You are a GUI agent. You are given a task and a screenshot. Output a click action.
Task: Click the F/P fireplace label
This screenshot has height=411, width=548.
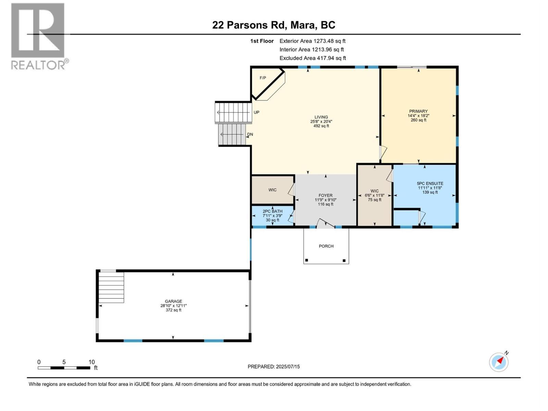[x=263, y=78]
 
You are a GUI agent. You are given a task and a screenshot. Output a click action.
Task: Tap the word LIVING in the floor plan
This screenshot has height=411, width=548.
[x=321, y=117]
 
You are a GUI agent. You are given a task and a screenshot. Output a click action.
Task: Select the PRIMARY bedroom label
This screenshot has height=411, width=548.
[x=418, y=111]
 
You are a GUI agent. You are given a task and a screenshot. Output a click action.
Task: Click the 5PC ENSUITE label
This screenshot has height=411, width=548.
[x=430, y=184]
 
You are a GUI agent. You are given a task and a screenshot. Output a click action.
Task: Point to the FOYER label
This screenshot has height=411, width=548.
[x=325, y=196]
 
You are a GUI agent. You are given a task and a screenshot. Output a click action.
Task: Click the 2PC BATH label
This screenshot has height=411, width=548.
[x=272, y=211]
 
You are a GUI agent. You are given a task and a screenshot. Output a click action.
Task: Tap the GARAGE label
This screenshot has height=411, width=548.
[x=173, y=301]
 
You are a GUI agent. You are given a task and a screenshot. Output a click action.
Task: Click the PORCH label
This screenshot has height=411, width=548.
[x=326, y=246]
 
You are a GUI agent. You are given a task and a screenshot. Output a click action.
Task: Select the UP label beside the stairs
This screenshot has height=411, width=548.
[x=257, y=112]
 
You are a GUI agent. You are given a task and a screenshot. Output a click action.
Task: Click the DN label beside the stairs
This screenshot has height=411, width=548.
[x=250, y=134]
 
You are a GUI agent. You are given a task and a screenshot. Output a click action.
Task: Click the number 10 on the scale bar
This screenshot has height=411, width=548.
[x=91, y=362]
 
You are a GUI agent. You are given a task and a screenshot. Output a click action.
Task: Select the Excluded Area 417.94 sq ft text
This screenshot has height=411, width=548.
[x=312, y=58]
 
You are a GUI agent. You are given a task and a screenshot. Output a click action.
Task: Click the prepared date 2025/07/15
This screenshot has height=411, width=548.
[x=287, y=366]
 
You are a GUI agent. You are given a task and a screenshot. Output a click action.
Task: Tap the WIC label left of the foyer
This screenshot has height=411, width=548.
[x=272, y=190]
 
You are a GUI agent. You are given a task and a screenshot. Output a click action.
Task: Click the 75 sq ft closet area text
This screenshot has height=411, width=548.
[x=374, y=200]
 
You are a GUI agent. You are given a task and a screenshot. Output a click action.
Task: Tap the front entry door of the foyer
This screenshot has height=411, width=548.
[x=324, y=223]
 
